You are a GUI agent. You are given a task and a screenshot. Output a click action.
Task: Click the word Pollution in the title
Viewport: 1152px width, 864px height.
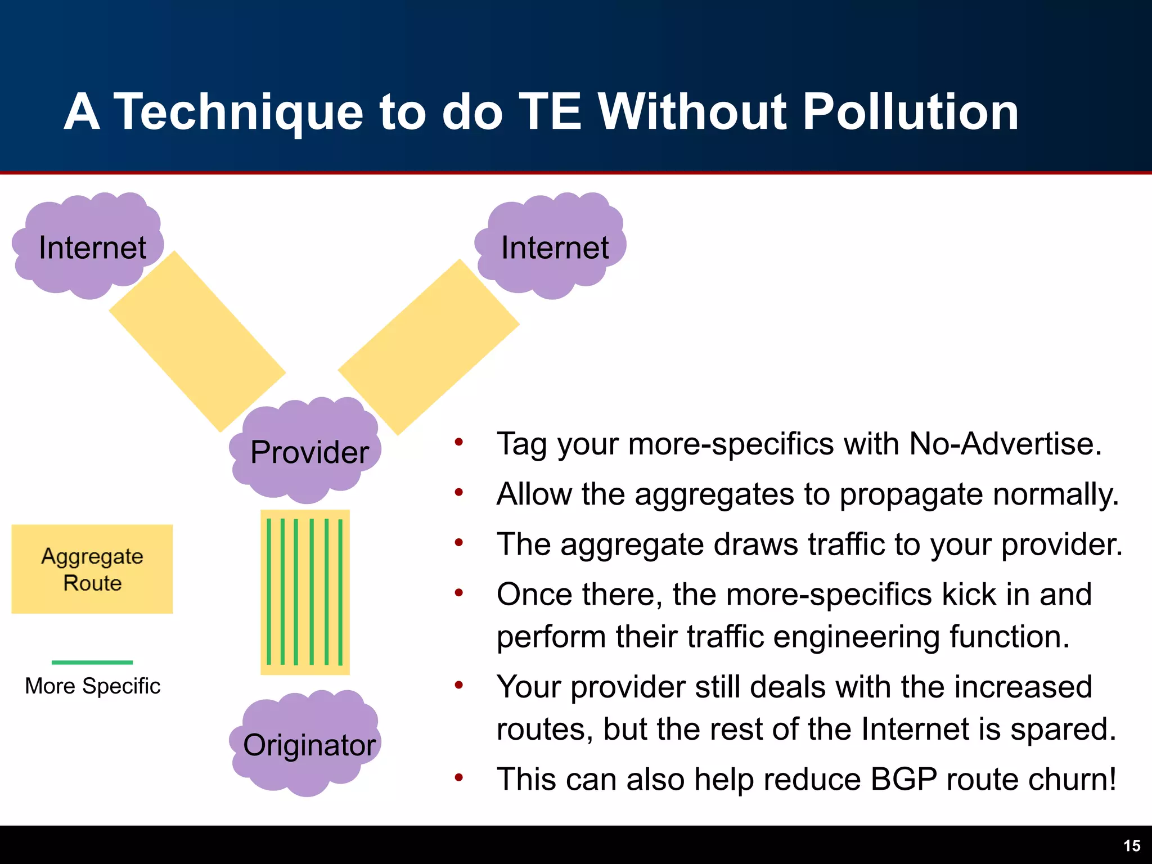[910, 112]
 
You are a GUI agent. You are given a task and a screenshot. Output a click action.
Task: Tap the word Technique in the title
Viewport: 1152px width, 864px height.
[239, 112]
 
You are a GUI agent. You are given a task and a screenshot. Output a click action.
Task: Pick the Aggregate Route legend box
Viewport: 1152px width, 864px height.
[92, 569]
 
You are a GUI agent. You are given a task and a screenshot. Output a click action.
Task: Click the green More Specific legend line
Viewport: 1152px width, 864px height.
[92, 662]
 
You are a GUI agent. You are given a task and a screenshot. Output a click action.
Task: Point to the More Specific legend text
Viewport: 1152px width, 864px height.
[93, 686]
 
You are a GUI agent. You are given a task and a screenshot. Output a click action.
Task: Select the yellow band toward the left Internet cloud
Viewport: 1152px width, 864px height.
[197, 341]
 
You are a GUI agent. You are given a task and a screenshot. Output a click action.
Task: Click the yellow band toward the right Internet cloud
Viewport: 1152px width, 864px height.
[429, 347]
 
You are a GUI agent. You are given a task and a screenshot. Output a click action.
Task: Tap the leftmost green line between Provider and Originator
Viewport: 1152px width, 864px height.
[269, 591]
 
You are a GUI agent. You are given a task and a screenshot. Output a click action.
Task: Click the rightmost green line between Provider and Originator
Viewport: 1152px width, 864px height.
[340, 591]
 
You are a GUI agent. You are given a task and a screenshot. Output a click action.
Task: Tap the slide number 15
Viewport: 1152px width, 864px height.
[1131, 846]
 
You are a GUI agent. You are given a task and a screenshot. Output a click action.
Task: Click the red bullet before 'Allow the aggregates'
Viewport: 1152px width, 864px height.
[459, 493]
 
